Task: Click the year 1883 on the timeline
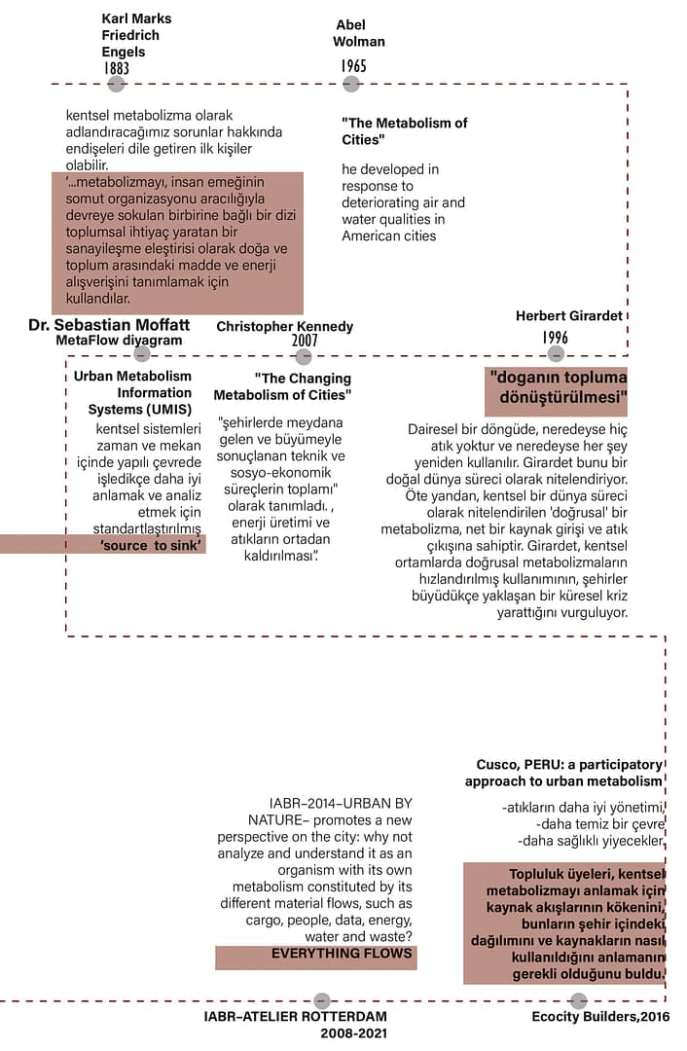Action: (x=117, y=68)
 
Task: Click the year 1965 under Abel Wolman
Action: (x=353, y=65)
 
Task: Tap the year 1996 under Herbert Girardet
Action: (x=556, y=338)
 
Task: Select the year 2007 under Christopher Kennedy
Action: (x=306, y=342)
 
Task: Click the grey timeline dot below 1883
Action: (x=117, y=85)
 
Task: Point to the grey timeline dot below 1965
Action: (x=351, y=85)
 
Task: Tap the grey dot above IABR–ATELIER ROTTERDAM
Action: (x=322, y=1000)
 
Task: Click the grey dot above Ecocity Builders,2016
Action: (x=579, y=1000)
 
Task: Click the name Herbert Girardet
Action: (x=569, y=315)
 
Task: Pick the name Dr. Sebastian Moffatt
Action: (x=109, y=324)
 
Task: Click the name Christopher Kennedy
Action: (x=285, y=327)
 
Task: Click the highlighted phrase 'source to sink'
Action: (x=151, y=546)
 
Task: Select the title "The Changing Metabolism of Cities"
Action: (x=282, y=386)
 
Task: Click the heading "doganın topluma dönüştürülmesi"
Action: (x=558, y=388)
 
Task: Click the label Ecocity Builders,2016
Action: (x=600, y=1017)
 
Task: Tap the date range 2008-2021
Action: (x=354, y=1033)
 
